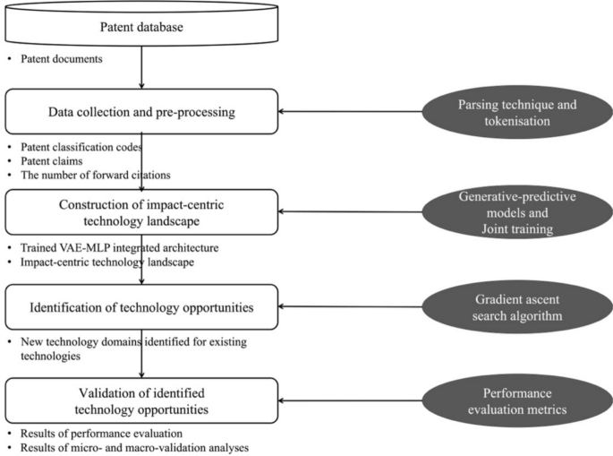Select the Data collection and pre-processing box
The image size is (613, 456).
tap(142, 113)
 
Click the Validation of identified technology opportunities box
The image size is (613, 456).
tap(142, 400)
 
